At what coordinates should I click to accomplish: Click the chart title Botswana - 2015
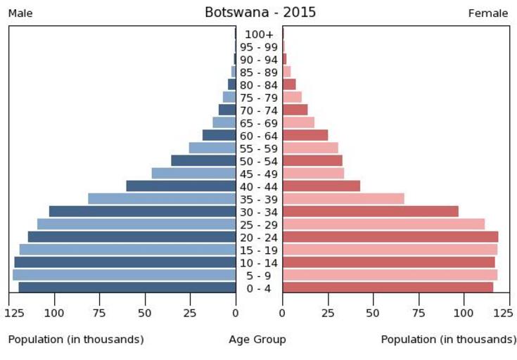(x=260, y=13)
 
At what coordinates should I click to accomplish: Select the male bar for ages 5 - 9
(x=124, y=275)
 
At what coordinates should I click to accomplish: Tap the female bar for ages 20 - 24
(x=390, y=237)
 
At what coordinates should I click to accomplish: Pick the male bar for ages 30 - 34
(x=142, y=212)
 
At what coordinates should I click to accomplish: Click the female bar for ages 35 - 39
(x=343, y=199)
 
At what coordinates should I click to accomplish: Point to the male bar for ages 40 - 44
(x=181, y=186)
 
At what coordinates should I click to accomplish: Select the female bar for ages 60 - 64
(x=305, y=135)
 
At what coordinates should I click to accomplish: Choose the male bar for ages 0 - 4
(x=127, y=288)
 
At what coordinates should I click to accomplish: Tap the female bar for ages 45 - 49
(x=313, y=174)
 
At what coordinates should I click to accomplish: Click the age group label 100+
(x=259, y=34)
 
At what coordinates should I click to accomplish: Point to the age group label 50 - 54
(x=259, y=161)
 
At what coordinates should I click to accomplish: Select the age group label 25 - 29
(x=259, y=225)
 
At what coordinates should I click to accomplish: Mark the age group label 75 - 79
(x=259, y=98)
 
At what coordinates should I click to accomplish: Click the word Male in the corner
(x=20, y=13)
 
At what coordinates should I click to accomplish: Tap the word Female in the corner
(x=488, y=13)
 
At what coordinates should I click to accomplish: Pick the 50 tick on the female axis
(x=374, y=311)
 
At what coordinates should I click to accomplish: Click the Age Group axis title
(x=257, y=340)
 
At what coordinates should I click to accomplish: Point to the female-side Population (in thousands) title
(x=448, y=340)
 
